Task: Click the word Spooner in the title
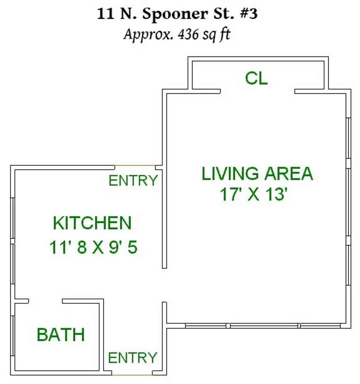tap(175, 14)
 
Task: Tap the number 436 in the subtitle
tap(188, 34)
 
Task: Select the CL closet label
tap(256, 78)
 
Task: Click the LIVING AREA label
tap(257, 174)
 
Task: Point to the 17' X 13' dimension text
tap(253, 194)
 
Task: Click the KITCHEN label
tap(92, 223)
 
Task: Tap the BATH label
tap(61, 335)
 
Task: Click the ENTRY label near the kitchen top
tap(133, 181)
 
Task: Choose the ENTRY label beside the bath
tap(133, 358)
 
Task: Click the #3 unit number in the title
tap(249, 14)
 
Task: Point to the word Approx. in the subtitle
tap(149, 34)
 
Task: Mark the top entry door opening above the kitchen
tap(135, 166)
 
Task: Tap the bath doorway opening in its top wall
tap(46, 301)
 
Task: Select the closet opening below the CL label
tap(257, 91)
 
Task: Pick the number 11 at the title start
tap(106, 14)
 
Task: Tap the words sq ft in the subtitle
tap(217, 35)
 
